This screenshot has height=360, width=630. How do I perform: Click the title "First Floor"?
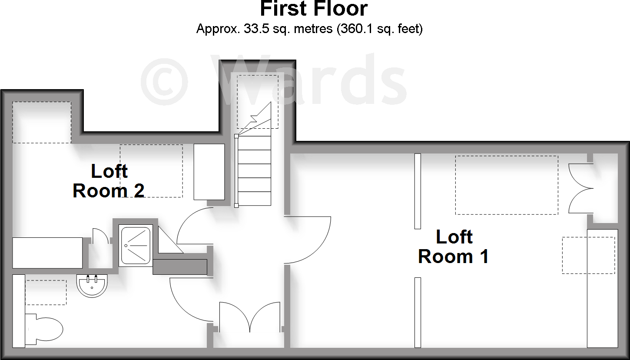point(314,9)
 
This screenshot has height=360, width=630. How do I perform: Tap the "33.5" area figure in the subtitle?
point(256,29)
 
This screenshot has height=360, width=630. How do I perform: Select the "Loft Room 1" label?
point(453,247)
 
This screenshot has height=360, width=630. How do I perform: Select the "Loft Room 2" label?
point(109,181)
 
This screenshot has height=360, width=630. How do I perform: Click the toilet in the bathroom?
point(44,329)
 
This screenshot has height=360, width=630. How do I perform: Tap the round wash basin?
point(92,286)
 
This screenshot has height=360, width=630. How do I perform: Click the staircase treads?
point(253,170)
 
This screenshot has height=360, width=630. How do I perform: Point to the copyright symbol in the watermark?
point(164,82)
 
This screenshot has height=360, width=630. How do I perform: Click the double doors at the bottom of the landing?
point(250,317)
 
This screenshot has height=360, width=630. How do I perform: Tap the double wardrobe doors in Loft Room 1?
point(581,188)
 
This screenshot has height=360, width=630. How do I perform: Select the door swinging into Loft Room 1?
point(308,240)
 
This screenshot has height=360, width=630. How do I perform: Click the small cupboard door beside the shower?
point(100,236)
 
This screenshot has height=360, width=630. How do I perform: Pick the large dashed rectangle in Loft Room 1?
point(507,185)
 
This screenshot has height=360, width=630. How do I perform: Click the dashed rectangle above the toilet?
point(46,293)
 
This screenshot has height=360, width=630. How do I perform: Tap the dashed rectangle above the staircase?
point(258,102)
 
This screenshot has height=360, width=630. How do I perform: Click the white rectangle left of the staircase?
point(209,172)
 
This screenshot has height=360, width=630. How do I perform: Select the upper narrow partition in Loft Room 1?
point(418,191)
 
